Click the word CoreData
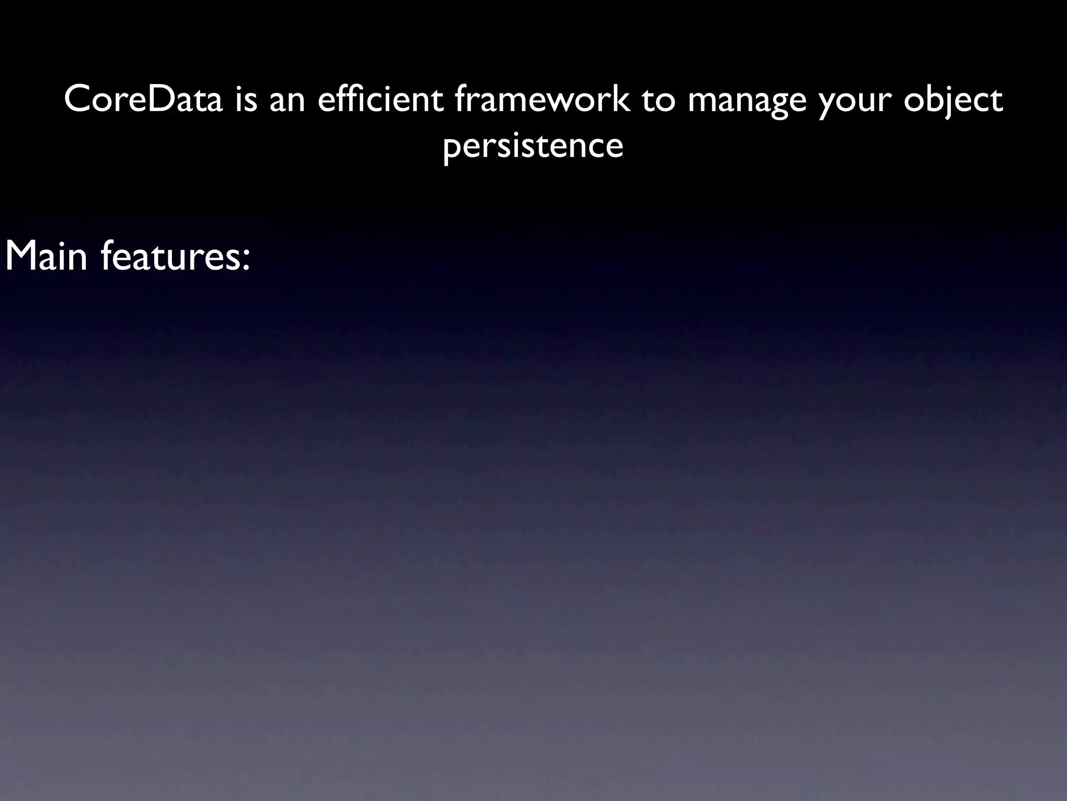coord(143,100)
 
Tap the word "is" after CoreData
coord(246,100)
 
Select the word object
coord(953,101)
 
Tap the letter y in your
coord(827,104)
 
